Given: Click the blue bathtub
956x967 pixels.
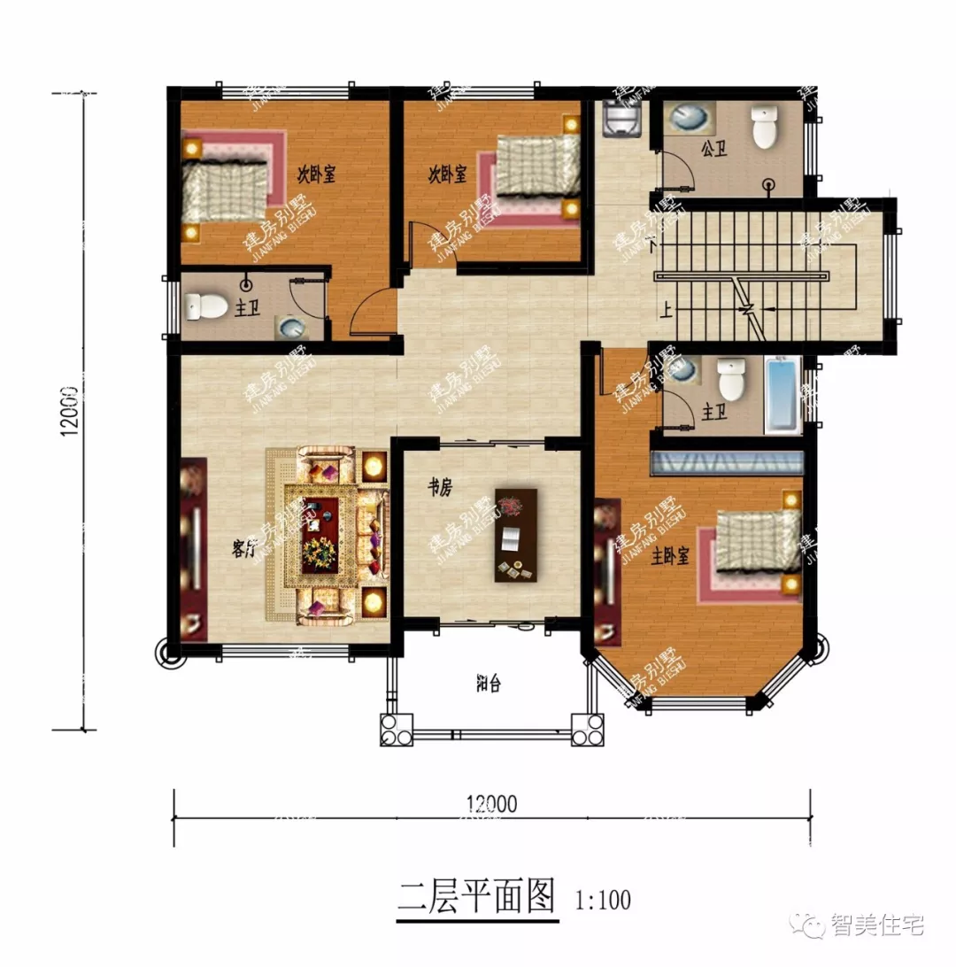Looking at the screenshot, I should click(x=782, y=396).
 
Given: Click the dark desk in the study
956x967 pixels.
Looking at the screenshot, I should click(x=516, y=535).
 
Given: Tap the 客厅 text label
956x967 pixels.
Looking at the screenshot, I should click(x=243, y=549).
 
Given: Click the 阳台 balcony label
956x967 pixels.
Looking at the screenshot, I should click(x=488, y=685).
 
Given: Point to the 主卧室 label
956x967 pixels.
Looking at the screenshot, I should click(x=671, y=557).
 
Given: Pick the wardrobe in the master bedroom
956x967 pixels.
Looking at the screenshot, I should click(x=727, y=463).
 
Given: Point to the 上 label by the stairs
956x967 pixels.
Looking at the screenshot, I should click(x=664, y=310).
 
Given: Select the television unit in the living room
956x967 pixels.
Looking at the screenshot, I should click(x=193, y=549).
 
